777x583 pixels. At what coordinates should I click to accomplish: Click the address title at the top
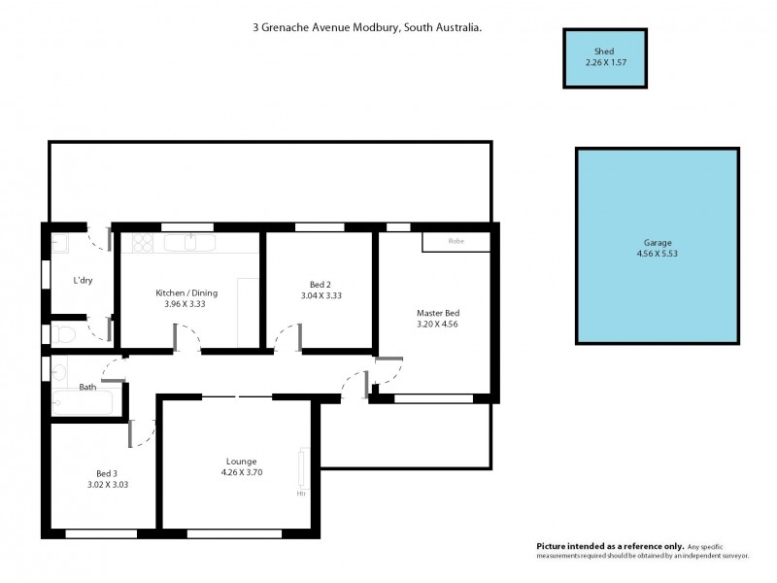367,29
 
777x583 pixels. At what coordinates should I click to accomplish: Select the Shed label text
605,51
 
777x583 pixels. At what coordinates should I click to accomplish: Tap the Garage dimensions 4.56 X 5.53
657,255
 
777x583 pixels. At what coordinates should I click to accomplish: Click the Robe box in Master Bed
455,241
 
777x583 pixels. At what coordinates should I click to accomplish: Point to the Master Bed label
437,313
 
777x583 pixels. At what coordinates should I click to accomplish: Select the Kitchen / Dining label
186,292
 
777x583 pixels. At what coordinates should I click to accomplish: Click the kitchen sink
187,242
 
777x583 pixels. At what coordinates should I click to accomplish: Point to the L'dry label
83,281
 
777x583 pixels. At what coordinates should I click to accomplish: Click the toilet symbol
64,335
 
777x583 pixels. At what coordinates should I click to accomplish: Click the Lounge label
241,462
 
